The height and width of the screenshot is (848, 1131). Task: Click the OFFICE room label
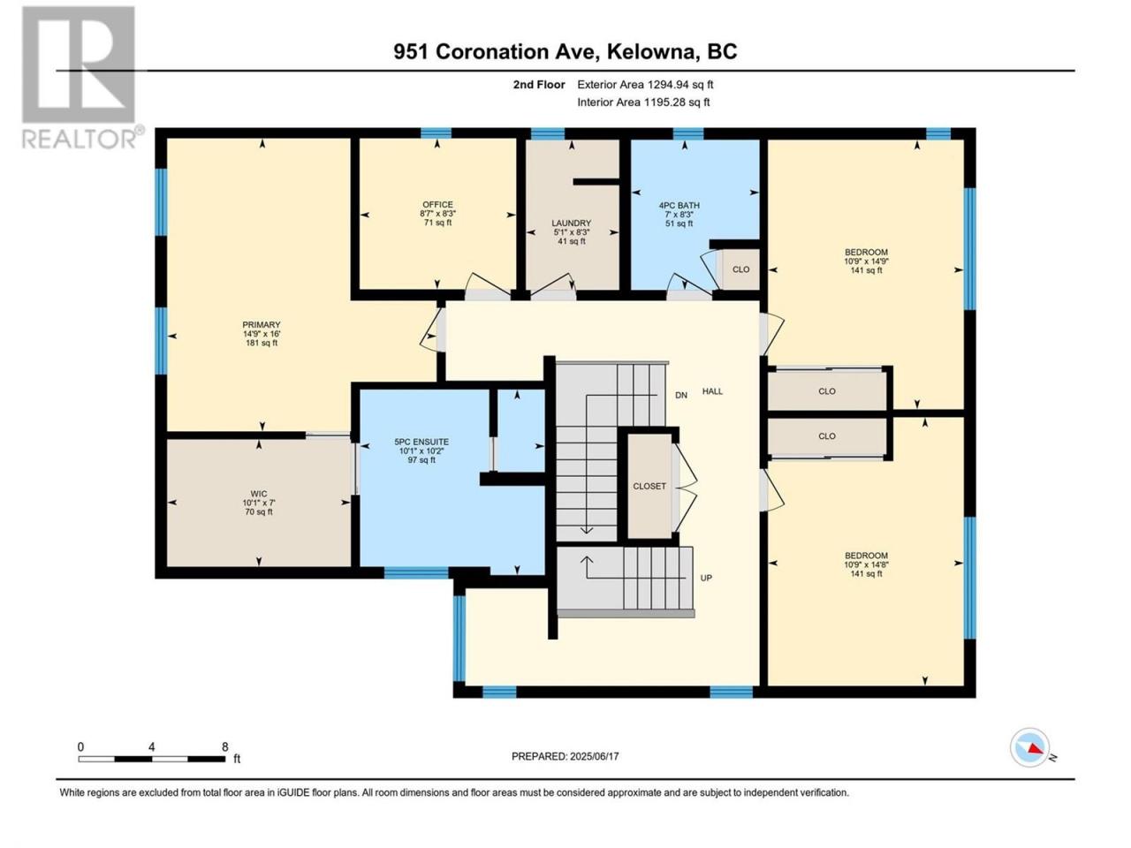click(x=437, y=204)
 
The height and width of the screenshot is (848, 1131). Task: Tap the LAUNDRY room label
click(x=571, y=223)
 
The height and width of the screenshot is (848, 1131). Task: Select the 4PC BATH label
click(x=679, y=206)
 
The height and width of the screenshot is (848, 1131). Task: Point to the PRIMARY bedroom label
click(x=262, y=324)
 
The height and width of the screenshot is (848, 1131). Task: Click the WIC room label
click(x=259, y=494)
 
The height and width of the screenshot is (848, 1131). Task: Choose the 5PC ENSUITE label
click(x=421, y=442)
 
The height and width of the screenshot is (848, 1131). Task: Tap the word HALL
click(x=712, y=391)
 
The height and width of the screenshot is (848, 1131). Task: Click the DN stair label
click(x=681, y=396)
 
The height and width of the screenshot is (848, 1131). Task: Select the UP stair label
click(x=706, y=578)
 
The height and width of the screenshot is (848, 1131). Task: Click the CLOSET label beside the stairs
click(x=649, y=486)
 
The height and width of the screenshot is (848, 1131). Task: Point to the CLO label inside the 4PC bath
click(x=741, y=269)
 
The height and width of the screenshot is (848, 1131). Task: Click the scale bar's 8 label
click(x=224, y=747)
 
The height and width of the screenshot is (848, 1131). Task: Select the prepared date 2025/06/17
click(x=594, y=756)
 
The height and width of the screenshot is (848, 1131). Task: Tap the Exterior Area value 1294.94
click(x=665, y=85)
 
